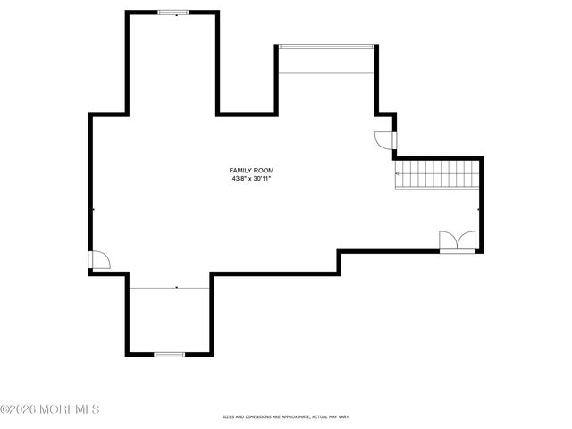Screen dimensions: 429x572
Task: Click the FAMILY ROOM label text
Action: [251, 170]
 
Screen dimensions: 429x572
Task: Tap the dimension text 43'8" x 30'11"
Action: [251, 179]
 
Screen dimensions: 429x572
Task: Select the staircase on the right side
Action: [439, 174]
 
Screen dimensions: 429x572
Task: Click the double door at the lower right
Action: [458, 241]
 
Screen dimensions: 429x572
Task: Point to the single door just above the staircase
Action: [383, 140]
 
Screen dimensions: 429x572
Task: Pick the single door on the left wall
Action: [98, 260]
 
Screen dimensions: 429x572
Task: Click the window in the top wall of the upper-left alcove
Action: [173, 13]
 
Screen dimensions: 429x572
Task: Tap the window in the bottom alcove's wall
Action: [169, 355]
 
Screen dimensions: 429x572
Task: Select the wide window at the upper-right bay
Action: [326, 46]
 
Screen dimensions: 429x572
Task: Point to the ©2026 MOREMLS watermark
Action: [50, 409]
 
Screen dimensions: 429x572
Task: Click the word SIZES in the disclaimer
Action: [228, 417]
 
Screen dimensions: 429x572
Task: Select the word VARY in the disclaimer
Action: [343, 417]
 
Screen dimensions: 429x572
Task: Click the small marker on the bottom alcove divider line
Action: [177, 288]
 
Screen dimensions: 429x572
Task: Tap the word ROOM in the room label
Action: [264, 170]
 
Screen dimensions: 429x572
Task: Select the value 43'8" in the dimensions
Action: [238, 179]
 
